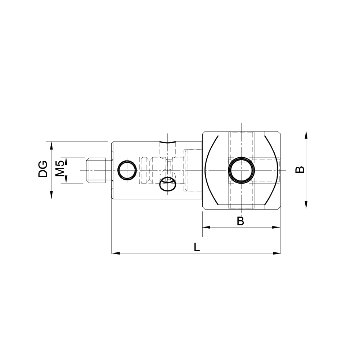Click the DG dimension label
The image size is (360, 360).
coord(43,170)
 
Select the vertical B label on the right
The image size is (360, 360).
coord(300,170)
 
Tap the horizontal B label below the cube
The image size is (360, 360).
coord(240,221)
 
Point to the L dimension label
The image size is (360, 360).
coord(197,247)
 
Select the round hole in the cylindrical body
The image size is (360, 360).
coord(127,170)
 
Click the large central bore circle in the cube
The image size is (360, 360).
coord(241,170)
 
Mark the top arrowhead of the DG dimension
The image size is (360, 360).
coord(51,145)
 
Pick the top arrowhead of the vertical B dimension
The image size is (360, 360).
coord(306,134)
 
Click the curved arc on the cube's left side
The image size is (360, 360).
coord(206,170)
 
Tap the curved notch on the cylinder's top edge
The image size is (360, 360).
coord(167,142)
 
